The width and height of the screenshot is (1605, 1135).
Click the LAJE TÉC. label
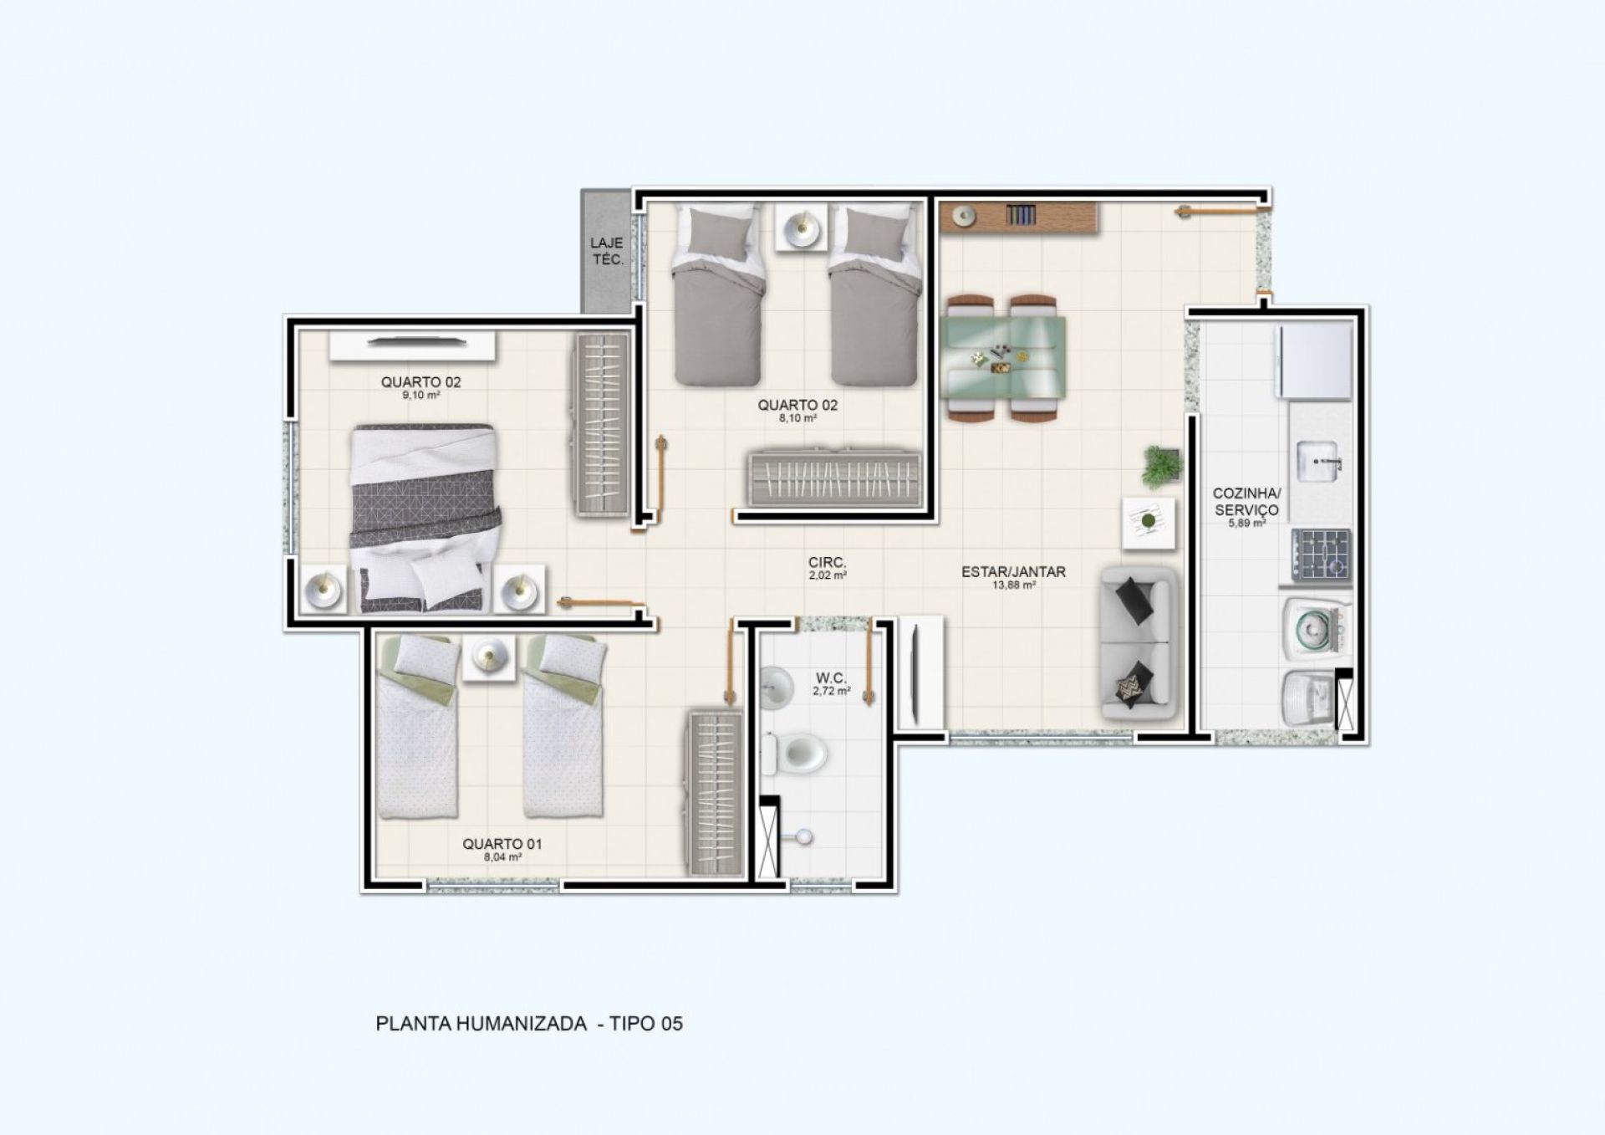point(608,251)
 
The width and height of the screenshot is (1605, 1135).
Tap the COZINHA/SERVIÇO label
point(1246,503)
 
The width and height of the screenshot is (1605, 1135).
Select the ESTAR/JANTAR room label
point(1013,572)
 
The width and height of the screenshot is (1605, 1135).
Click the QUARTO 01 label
point(502,844)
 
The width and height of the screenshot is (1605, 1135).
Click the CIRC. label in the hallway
point(828,563)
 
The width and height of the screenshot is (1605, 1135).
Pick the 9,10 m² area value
point(420,396)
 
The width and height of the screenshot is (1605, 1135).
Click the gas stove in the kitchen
point(1322,555)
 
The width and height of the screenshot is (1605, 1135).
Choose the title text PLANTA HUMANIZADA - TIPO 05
point(529,1024)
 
